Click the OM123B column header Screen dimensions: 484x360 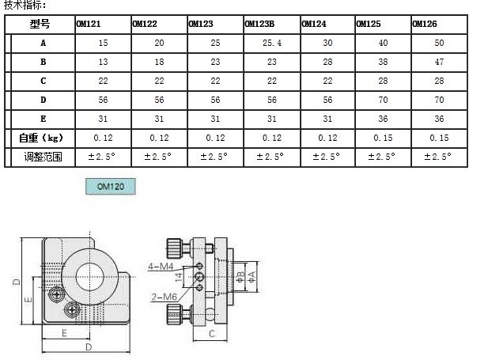(259, 24)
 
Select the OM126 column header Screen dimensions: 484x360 (425, 24)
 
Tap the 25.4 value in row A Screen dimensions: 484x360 (272, 43)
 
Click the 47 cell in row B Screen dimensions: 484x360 (439, 62)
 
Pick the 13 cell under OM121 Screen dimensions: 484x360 (103, 62)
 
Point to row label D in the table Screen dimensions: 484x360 (43, 100)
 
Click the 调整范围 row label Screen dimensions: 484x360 (43, 157)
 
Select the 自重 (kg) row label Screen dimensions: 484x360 (41, 138)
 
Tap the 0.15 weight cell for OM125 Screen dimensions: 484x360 (383, 138)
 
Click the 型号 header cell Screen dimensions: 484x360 (40, 24)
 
